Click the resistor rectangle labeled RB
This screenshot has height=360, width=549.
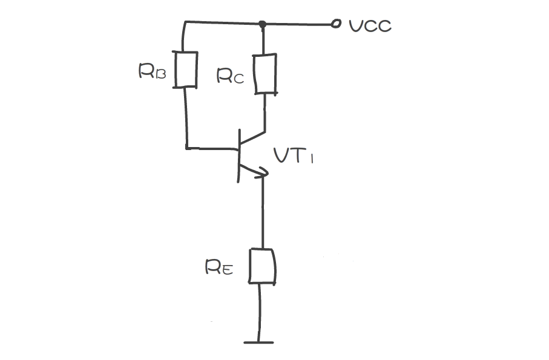pos(186,70)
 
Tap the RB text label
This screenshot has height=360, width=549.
pos(152,72)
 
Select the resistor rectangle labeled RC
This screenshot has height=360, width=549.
pos(265,74)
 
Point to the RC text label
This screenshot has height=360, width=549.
pos(230,76)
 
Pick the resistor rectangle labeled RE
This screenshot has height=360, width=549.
pos(263,266)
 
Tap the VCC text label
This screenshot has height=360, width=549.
pos(370,25)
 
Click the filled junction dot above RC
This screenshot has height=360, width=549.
pos(262,25)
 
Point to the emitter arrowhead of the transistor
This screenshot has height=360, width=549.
pos(261,174)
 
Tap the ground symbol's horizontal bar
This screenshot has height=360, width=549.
pos(259,342)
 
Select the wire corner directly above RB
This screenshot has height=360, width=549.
pos(184,23)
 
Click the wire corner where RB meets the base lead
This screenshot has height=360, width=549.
pos(186,147)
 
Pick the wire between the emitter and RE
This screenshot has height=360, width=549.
pos(263,212)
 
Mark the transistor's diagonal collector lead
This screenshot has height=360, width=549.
pos(253,138)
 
